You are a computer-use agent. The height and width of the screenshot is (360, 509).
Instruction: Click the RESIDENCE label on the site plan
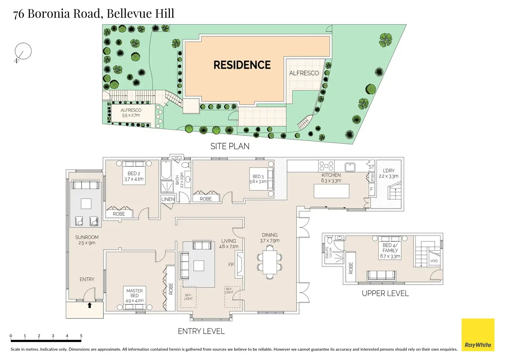242,65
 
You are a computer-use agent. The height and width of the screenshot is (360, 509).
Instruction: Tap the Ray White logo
478,335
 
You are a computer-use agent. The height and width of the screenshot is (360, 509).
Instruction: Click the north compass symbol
23,52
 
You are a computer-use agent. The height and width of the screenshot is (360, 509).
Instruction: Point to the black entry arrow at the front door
90,305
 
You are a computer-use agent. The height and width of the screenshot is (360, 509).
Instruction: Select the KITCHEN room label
331,175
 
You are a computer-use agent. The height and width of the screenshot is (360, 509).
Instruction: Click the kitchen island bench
331,191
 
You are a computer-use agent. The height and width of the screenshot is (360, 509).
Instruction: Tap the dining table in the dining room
269,262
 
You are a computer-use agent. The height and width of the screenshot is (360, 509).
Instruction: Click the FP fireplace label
231,265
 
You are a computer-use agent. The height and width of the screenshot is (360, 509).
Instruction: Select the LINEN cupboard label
168,199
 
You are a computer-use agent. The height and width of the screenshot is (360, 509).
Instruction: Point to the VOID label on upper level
434,261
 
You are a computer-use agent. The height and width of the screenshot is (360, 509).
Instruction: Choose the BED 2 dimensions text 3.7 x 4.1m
134,179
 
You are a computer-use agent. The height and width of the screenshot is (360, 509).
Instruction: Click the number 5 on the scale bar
81,336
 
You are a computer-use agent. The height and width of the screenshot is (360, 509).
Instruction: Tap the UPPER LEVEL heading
385,293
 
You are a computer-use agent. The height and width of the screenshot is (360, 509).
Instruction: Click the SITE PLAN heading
230,146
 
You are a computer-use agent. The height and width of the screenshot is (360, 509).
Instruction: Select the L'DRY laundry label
388,170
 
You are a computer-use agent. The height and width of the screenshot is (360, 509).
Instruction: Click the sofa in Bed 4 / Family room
381,275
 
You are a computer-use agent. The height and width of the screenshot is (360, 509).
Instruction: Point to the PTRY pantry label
372,177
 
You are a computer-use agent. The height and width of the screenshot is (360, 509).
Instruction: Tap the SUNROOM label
87,237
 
